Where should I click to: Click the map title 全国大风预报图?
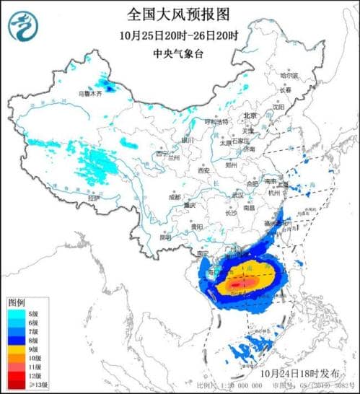(x=180, y=13)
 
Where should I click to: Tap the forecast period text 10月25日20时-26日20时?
(x=180, y=34)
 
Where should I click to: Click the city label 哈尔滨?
(x=289, y=74)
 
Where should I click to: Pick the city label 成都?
(x=175, y=196)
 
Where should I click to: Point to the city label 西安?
(x=201, y=171)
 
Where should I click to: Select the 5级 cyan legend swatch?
(x=15, y=314)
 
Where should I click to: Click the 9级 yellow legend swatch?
(x=15, y=348)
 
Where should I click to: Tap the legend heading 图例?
(x=17, y=301)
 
